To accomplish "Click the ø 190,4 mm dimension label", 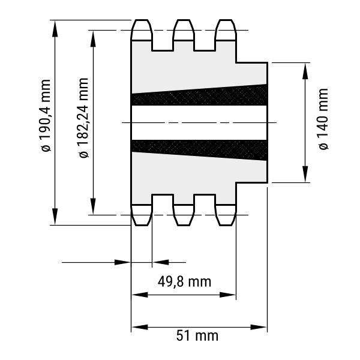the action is point(46,115).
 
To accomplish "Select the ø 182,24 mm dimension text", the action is point(83,118).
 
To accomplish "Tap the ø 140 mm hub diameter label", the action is point(323,119).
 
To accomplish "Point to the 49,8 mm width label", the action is point(184,281).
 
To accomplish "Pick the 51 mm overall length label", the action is point(197,335).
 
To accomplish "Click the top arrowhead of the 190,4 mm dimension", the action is point(55,29).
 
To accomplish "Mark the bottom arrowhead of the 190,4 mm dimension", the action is point(55,217).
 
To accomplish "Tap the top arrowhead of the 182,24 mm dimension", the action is point(93,38).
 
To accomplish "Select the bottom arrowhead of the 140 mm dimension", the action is point(305,174).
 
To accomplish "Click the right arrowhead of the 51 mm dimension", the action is point(259,327).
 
